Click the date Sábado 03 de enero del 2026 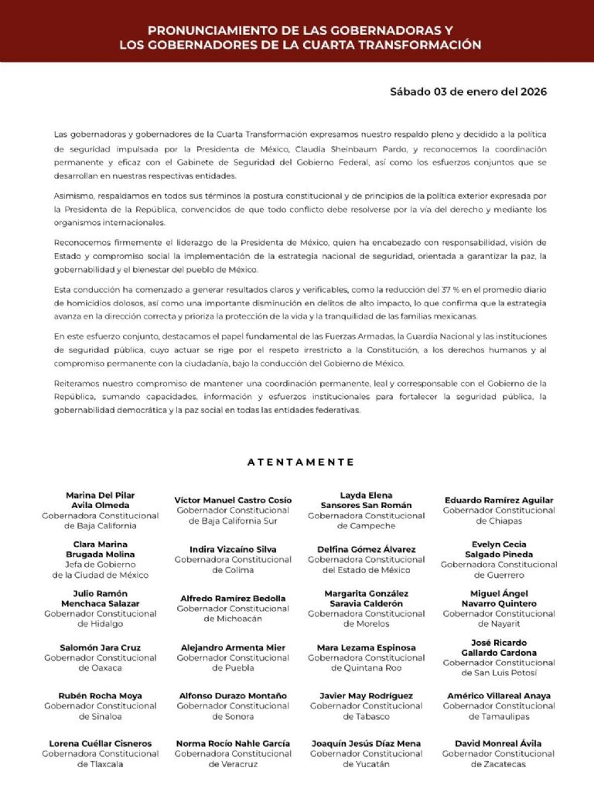click(468, 91)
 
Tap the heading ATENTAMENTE click(301, 462)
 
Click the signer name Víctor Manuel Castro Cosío click(233, 500)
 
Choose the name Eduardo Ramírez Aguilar click(499, 500)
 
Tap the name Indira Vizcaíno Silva click(233, 549)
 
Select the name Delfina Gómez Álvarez click(366, 549)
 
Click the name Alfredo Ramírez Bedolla click(233, 598)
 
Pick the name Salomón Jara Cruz click(101, 647)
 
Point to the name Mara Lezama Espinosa click(366, 647)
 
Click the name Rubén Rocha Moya click(101, 695)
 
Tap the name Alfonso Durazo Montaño click(233, 695)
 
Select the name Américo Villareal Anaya click(499, 695)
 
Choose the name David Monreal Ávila click(499, 743)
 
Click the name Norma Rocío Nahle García click(233, 743)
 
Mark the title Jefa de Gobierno click(101, 565)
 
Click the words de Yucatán click(366, 764)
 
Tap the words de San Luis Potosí click(499, 673)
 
